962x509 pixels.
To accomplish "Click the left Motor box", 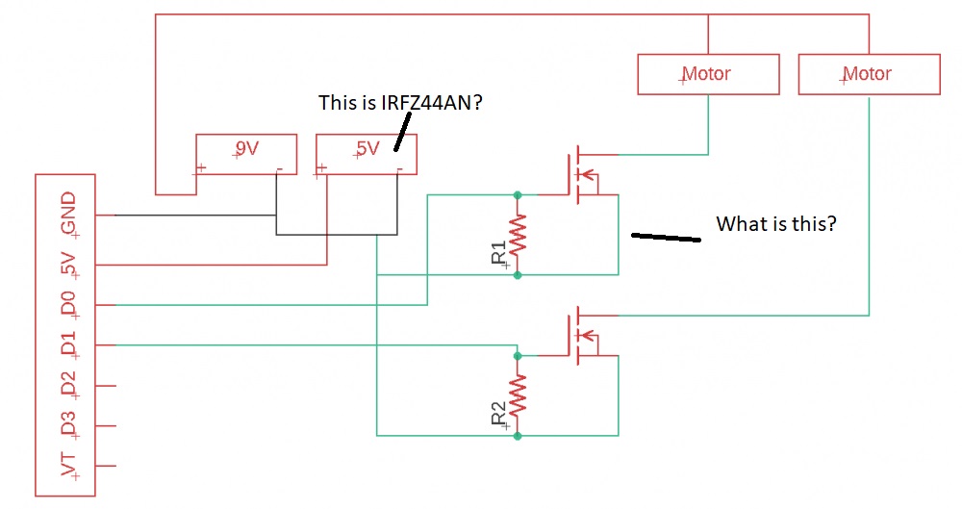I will (x=708, y=74).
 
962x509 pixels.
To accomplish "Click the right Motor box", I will (x=869, y=74).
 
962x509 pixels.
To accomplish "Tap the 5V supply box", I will (x=367, y=154).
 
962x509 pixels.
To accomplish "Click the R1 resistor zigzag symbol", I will (x=519, y=235).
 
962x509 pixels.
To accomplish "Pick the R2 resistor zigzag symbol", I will (x=519, y=395).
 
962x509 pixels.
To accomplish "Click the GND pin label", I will (x=68, y=213).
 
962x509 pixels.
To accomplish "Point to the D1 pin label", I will (x=68, y=344).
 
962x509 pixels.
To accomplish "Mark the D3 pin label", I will (x=68, y=424).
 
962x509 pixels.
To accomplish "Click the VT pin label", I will (x=68, y=465).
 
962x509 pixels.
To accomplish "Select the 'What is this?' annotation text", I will (x=776, y=224).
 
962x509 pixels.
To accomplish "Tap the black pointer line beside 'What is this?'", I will (x=665, y=236).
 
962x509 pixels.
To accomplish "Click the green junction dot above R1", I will (x=519, y=194).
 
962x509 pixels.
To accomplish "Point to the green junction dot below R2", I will (x=519, y=436).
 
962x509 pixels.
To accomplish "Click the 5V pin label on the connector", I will (x=68, y=263).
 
